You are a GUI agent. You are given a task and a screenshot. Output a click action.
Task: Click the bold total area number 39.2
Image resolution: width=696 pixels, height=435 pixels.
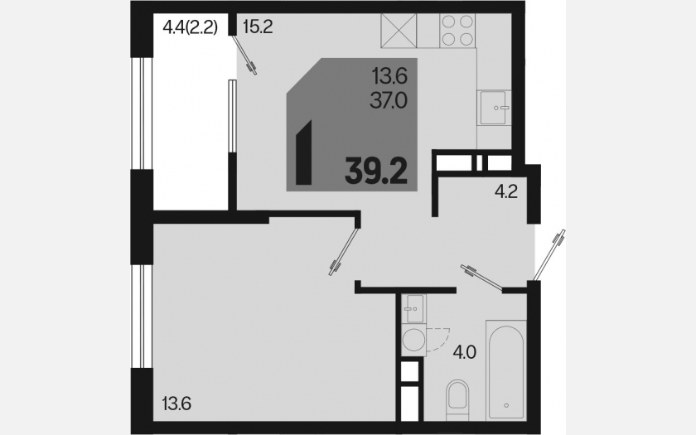[376, 171]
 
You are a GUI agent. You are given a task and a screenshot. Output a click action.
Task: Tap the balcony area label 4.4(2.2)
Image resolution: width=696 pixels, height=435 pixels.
[191, 27]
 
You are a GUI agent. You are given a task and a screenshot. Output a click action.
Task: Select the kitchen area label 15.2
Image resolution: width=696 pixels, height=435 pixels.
[258, 27]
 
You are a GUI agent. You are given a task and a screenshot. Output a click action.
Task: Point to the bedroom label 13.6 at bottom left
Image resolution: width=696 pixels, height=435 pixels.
[176, 404]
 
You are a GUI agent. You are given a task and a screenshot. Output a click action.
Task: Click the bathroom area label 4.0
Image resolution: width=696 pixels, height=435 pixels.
[464, 353]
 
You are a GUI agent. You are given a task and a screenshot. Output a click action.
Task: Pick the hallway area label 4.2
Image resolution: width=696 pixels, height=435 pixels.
[506, 191]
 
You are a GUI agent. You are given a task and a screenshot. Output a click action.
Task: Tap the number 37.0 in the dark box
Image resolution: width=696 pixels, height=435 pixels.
[389, 102]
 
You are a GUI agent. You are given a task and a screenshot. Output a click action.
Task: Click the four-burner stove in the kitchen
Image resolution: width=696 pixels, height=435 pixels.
[457, 30]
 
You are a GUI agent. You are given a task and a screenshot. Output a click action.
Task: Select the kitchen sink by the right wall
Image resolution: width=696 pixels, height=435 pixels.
[494, 108]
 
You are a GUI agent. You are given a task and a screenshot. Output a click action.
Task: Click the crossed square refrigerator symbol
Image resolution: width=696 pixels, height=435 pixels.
[399, 30]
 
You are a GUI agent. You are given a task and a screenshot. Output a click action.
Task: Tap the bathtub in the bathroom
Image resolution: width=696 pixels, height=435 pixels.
[506, 370]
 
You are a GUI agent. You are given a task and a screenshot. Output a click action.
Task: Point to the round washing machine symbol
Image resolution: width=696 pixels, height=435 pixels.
[413, 340]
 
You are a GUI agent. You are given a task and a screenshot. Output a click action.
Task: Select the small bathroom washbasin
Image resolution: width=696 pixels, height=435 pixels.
[413, 308]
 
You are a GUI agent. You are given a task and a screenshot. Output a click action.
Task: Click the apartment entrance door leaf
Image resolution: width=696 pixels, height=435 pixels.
[549, 255]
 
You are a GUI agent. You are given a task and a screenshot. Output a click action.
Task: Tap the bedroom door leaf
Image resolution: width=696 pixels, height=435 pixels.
[343, 251]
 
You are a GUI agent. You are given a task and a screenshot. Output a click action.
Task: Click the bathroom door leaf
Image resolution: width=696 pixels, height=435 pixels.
[481, 278]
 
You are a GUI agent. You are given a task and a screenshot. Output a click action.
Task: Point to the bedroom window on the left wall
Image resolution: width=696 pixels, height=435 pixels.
[142, 316]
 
